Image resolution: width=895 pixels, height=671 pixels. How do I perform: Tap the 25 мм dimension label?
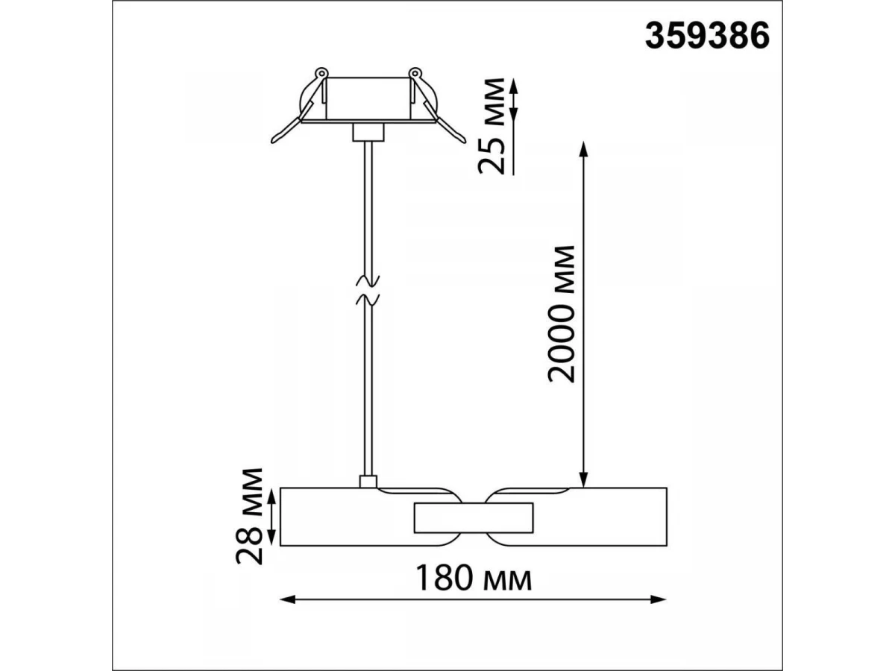tap(491, 126)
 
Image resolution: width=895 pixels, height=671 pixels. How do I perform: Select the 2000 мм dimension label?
tap(561, 314)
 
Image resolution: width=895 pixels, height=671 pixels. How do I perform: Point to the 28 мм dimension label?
tap(248, 516)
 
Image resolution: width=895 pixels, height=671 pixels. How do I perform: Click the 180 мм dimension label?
tap(473, 579)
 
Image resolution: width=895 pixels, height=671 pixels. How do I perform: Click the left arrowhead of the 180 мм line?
tap(287, 611)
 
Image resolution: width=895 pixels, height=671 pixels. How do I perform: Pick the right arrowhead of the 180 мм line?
tap(658, 611)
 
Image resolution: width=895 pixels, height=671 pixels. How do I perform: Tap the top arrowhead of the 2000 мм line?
tap(584, 149)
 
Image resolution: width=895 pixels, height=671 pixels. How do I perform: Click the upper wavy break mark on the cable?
tap(368, 281)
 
